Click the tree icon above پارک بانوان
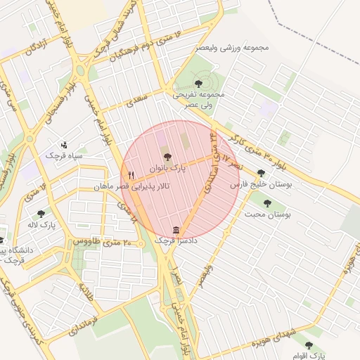[x=167, y=158]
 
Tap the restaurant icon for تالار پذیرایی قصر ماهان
[x=130, y=175]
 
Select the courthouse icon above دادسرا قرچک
[x=175, y=230]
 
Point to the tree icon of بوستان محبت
[x=267, y=203]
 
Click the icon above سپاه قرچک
[x=65, y=143]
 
